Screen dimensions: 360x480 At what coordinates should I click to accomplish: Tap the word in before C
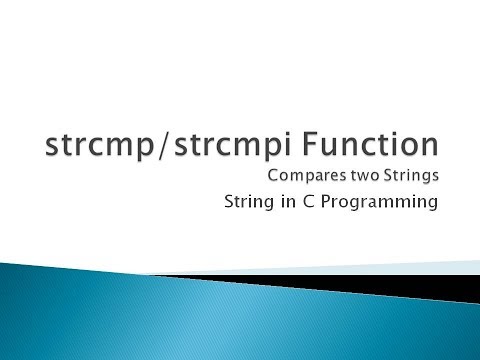coord(299,205)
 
